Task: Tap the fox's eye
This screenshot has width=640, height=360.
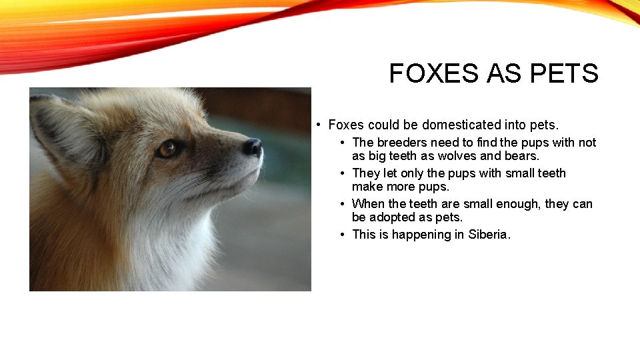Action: point(168,149)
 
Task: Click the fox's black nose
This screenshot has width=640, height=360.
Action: point(253,147)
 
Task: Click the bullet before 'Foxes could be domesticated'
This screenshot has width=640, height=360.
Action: point(320,125)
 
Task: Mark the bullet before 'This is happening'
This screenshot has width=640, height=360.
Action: point(342,234)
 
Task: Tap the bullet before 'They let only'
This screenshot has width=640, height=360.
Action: point(342,173)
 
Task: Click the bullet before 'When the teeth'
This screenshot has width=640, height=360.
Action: point(342,203)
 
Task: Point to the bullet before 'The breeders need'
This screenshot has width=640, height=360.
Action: point(342,142)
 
